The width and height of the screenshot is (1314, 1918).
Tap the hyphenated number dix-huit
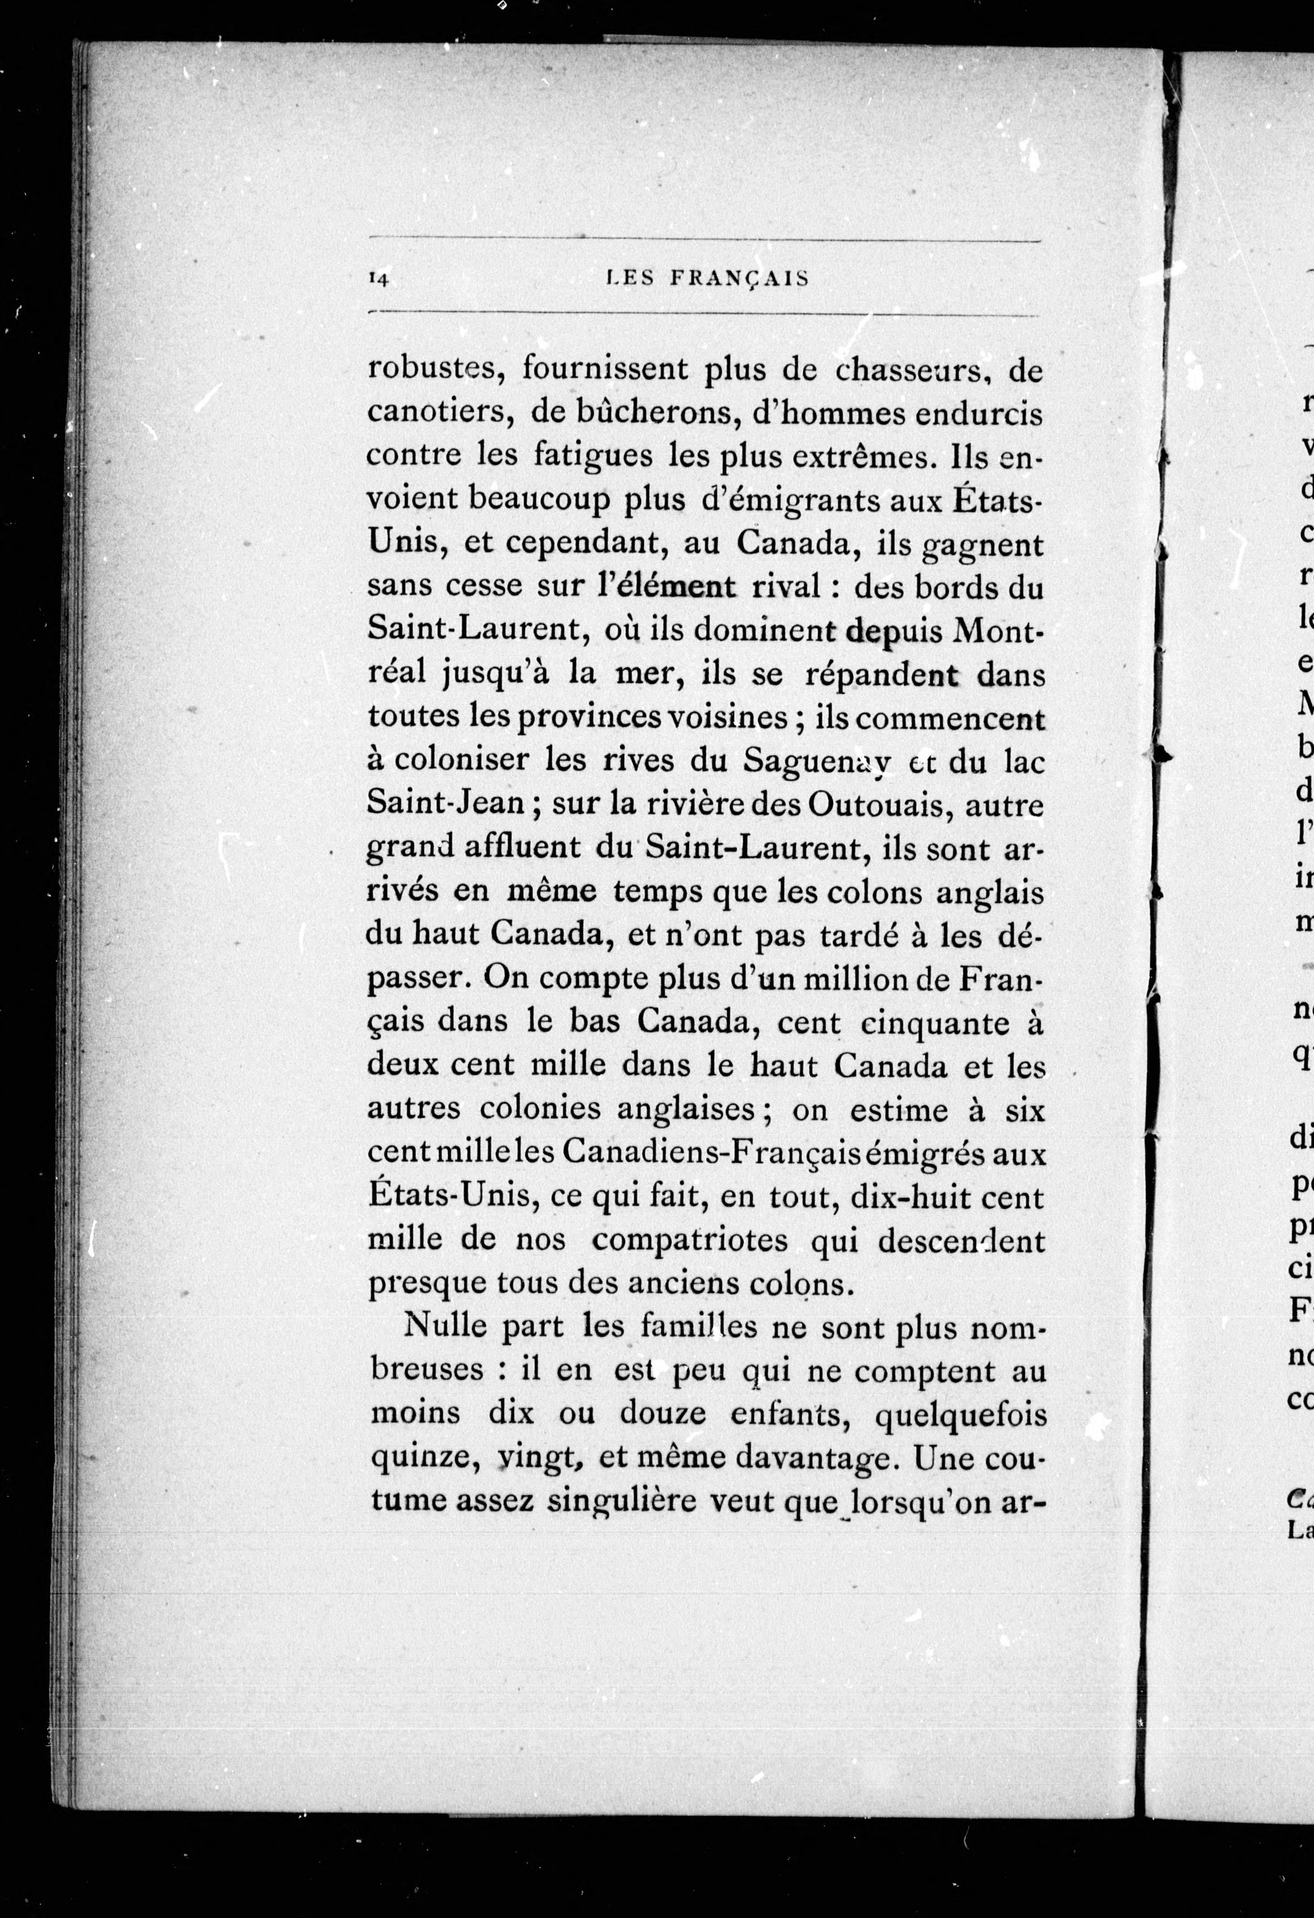[924, 1197]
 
